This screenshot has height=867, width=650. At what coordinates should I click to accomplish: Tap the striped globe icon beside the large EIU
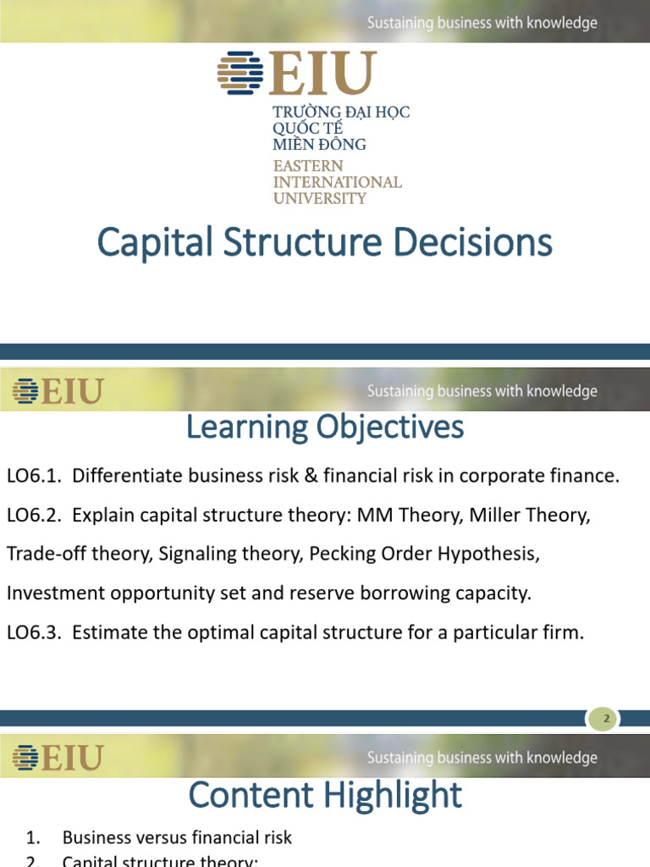[x=240, y=72]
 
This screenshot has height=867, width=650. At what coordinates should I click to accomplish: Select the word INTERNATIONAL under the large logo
[x=337, y=182]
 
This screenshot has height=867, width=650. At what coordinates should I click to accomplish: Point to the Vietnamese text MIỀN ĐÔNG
[x=319, y=145]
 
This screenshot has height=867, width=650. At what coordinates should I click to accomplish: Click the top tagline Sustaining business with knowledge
[x=482, y=23]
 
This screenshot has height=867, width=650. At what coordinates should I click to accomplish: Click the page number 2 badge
[x=604, y=720]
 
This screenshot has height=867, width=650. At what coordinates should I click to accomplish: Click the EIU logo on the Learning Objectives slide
[x=58, y=391]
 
